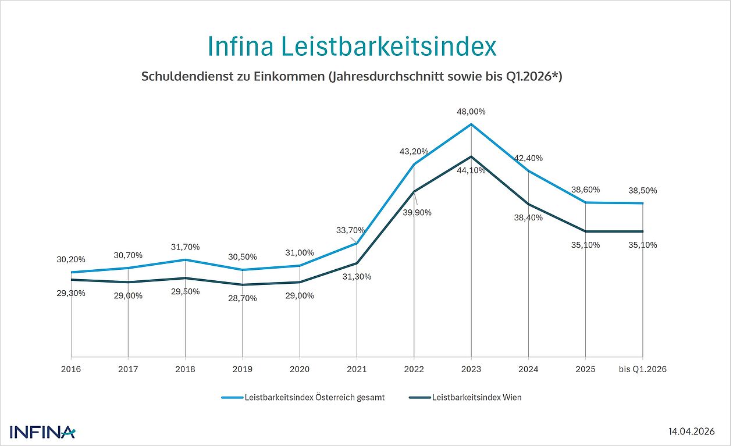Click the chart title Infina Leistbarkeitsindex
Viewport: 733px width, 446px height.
click(x=352, y=47)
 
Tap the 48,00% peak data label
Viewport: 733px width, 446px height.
click(x=471, y=112)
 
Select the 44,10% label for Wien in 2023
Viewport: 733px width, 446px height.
click(x=471, y=170)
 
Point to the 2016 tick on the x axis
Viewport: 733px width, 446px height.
click(x=71, y=369)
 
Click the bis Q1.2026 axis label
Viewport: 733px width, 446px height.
click(x=642, y=369)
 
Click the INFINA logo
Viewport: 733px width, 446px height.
click(x=42, y=432)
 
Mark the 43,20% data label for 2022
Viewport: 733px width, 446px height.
click(x=414, y=151)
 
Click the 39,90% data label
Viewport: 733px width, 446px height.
click(x=417, y=213)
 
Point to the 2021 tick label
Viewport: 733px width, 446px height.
click(x=357, y=369)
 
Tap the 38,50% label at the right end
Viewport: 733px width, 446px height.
click(x=642, y=190)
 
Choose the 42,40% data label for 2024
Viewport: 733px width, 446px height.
click(x=528, y=158)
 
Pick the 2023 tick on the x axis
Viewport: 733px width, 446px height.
click(x=471, y=369)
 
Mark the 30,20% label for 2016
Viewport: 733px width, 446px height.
click(x=71, y=259)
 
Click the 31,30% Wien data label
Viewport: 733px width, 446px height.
click(x=357, y=277)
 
